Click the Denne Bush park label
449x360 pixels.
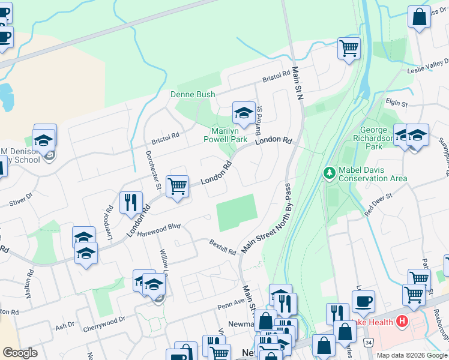click(x=193, y=94)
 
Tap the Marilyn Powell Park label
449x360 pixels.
click(x=229, y=135)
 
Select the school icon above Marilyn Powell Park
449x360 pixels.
click(x=244, y=112)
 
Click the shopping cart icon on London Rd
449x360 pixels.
click(x=177, y=186)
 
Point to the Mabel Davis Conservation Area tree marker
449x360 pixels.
click(x=329, y=173)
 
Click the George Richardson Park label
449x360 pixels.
click(x=379, y=137)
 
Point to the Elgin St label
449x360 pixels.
click(x=397, y=104)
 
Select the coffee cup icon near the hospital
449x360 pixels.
click(x=363, y=301)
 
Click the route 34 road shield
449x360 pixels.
click(x=367, y=342)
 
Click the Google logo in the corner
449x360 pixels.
click(x=20, y=352)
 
